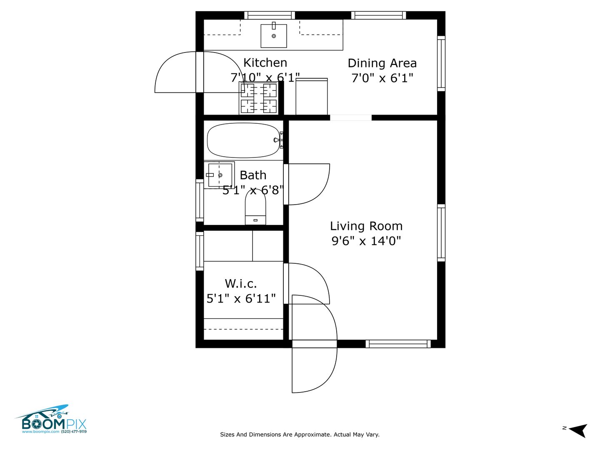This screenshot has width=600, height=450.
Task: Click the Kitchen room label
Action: (x=265, y=63)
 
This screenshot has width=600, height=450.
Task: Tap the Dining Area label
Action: (x=382, y=63)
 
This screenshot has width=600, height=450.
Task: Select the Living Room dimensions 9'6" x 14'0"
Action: (x=366, y=241)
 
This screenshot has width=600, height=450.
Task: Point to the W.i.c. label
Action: (x=241, y=284)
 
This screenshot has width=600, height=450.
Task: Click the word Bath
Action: (x=253, y=175)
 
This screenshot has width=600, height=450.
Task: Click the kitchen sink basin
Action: (x=273, y=36)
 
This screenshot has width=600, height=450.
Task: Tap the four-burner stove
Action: (x=258, y=98)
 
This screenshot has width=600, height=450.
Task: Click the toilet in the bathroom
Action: (x=255, y=207)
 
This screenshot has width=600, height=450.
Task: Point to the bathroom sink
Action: (x=219, y=175)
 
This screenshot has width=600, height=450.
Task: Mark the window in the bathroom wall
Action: (x=200, y=200)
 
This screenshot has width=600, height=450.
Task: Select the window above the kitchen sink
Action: (x=270, y=15)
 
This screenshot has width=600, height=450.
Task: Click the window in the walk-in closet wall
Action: (x=200, y=251)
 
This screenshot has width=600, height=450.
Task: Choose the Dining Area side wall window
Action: (x=441, y=64)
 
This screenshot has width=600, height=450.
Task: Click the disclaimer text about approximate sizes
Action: (x=300, y=435)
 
